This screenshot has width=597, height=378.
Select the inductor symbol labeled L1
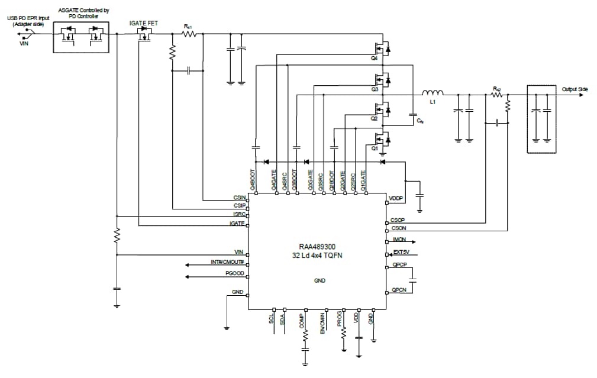(432, 93)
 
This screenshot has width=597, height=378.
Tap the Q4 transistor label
(374, 59)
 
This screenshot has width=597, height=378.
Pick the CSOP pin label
(398, 220)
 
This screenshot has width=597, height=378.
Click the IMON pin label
(398, 241)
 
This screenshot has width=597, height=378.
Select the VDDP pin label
(396, 198)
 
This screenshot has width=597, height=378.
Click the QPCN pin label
(398, 290)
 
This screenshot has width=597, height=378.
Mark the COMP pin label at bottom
(302, 321)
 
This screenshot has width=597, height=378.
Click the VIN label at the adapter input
(24, 43)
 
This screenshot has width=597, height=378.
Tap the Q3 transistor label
(374, 89)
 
